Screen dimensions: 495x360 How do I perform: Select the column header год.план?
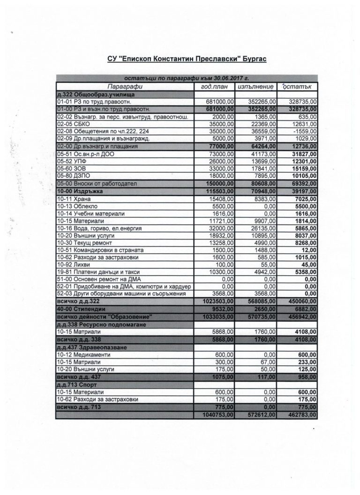[214, 87]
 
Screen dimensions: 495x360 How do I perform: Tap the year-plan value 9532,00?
[221, 309]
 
